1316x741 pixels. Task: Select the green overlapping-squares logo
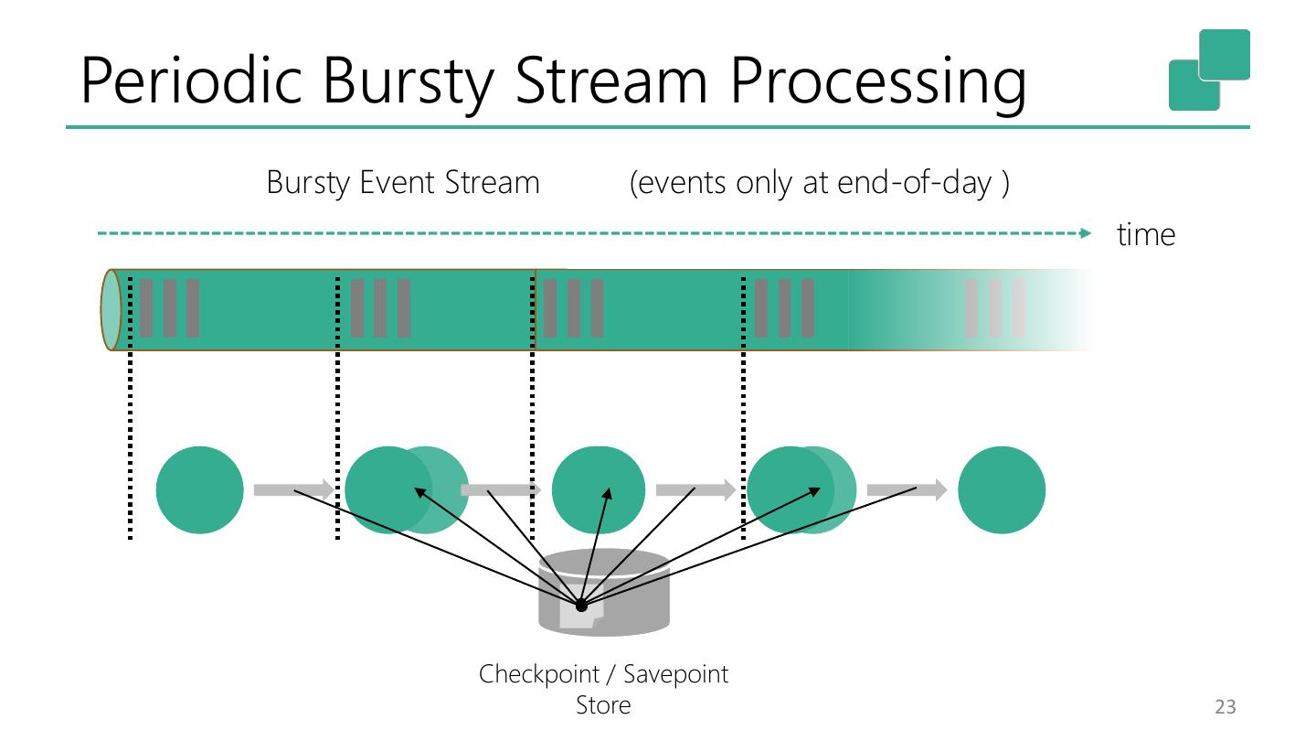1208,70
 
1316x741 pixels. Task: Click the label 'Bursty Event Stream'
402,183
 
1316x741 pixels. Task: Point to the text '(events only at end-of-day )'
819,183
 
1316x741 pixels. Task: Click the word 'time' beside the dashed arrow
1146,235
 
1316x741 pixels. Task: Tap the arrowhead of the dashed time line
1086,233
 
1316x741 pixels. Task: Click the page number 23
1225,706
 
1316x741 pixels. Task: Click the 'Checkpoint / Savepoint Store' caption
603,689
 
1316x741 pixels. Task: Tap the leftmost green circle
200,490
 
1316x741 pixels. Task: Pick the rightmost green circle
1002,490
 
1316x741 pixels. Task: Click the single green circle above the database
599,490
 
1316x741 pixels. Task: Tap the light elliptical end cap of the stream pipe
111,310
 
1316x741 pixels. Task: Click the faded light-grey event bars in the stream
995,308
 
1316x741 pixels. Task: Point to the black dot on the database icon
581,606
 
